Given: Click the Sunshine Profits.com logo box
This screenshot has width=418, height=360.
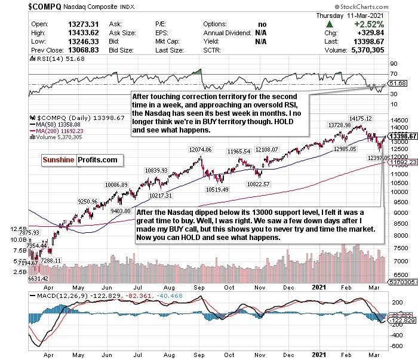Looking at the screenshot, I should coord(82,160).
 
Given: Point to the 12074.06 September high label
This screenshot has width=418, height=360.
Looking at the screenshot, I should coord(201,149).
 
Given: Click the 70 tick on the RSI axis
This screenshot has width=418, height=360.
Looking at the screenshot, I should coord(394,74).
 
